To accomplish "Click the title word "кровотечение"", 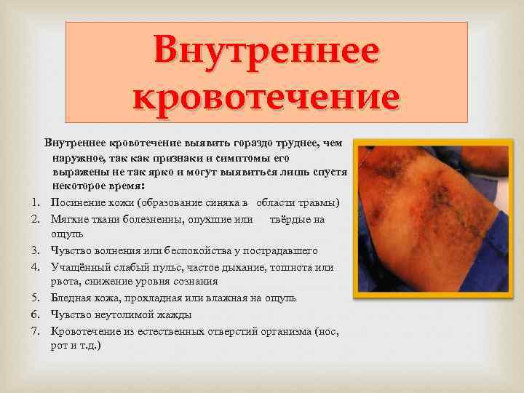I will [266, 95].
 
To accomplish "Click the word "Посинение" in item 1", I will [77, 201].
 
